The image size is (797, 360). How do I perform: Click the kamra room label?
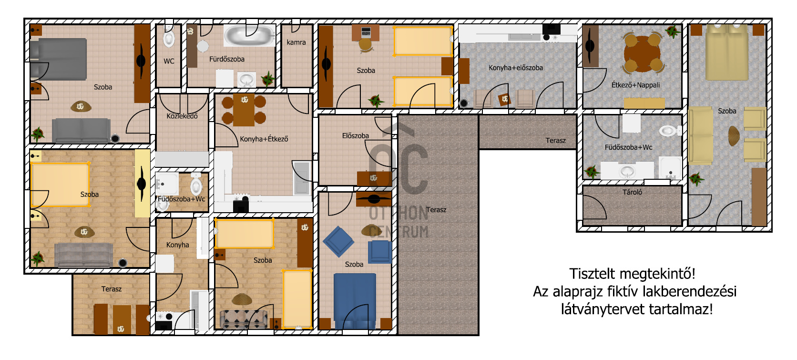296,42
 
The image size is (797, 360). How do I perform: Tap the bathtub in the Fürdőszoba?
249,35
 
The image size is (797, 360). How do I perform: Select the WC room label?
169,61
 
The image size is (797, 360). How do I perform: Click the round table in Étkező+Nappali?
642,53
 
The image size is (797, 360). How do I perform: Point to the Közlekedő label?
182,116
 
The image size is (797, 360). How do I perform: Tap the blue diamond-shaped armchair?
338,242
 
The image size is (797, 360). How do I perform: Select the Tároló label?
632,192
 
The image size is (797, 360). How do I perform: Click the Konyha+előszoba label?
516,68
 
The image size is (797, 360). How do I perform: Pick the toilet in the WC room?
169,37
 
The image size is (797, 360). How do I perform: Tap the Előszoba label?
356,136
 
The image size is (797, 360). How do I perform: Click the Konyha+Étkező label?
264,139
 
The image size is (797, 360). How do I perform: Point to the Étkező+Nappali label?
635,85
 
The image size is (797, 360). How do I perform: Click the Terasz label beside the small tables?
112,289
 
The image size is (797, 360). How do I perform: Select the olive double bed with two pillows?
727,52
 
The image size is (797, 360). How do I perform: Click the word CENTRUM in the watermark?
398,232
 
